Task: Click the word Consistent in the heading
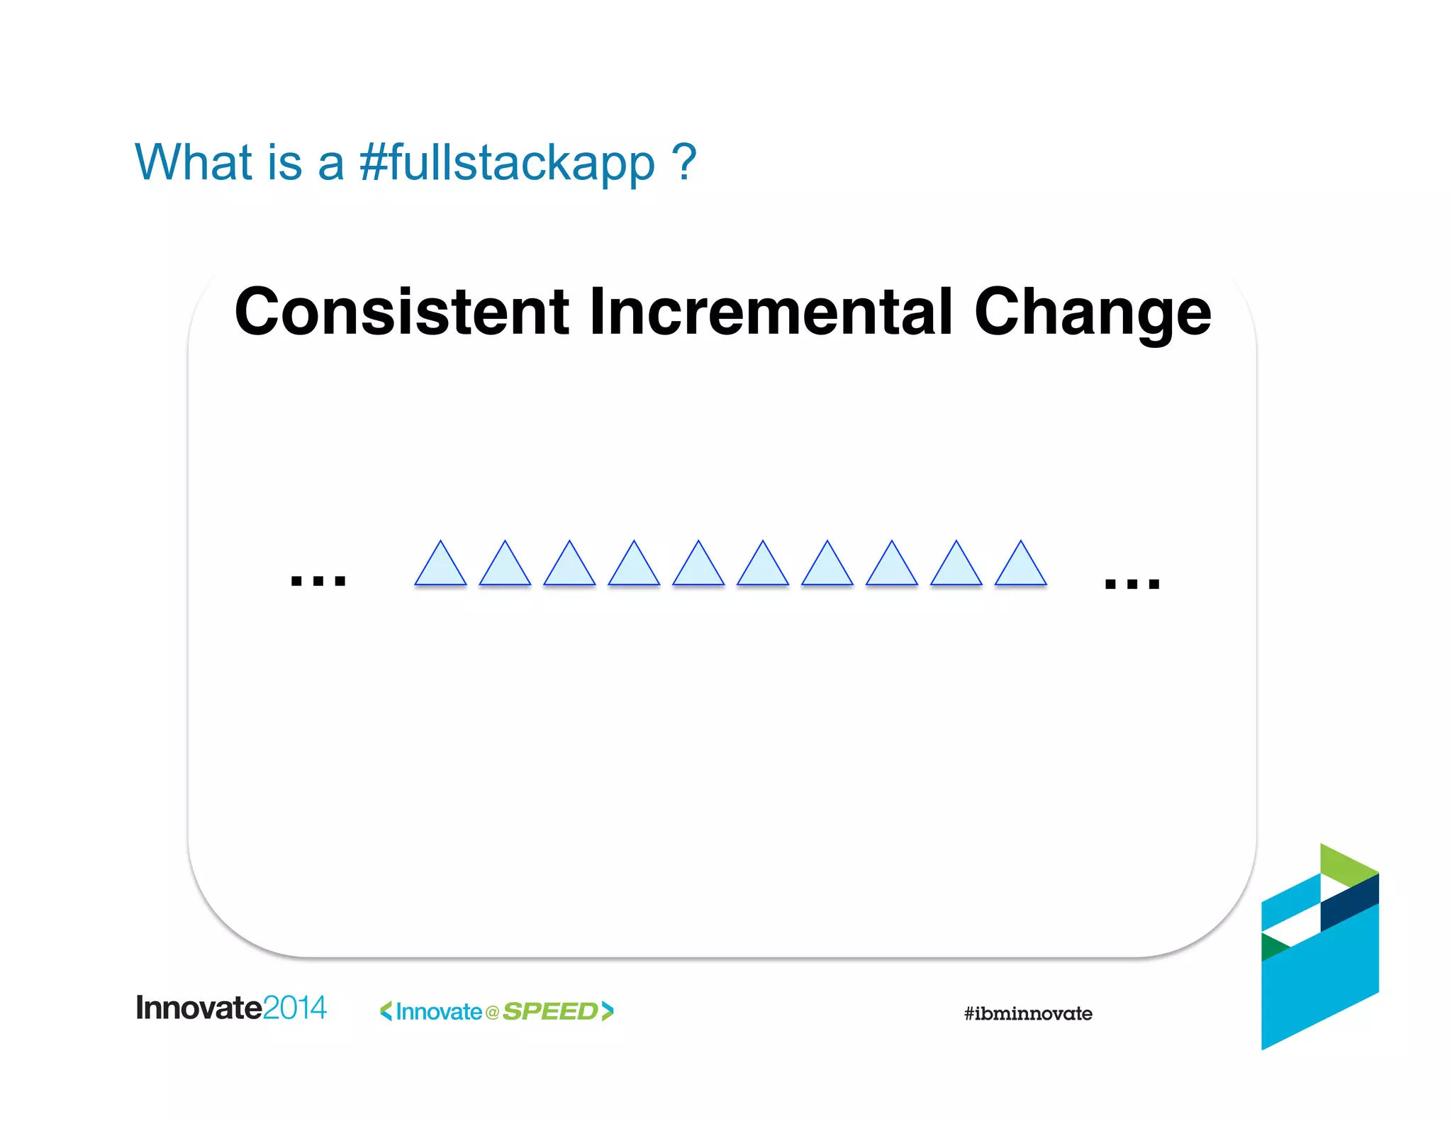(x=401, y=312)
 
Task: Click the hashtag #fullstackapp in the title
(x=507, y=163)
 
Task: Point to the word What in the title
(x=194, y=162)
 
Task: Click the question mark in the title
(x=685, y=162)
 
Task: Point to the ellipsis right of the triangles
(x=1132, y=583)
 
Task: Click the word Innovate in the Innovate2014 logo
(x=199, y=1008)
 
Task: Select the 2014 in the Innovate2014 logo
(x=295, y=1008)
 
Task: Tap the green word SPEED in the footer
(x=550, y=1011)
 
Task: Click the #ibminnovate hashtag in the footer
(x=1027, y=1013)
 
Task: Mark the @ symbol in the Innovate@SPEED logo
(x=492, y=1013)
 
